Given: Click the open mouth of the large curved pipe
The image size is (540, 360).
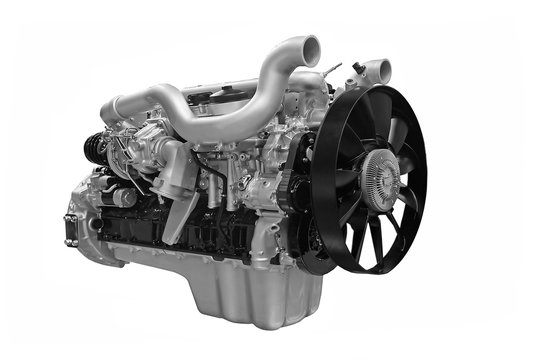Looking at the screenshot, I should (311, 47).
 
